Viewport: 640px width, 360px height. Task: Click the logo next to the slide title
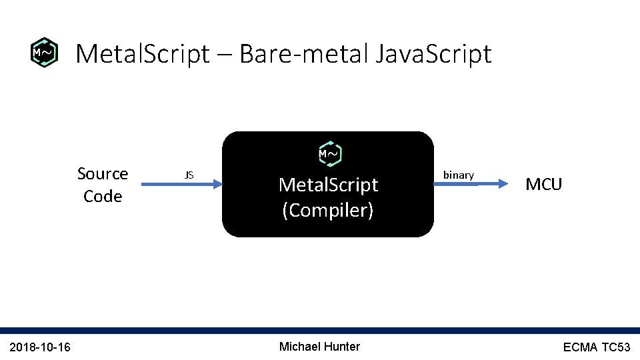point(45,53)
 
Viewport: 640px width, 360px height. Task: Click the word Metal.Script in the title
point(143,54)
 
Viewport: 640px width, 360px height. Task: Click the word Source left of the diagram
point(103,174)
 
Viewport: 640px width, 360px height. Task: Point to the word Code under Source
point(103,197)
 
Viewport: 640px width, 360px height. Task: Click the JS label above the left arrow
point(189,175)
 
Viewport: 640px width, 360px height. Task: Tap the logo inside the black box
point(328,154)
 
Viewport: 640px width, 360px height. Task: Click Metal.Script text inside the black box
point(328,185)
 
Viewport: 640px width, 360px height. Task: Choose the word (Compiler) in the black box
point(328,211)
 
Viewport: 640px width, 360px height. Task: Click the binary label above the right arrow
point(459,175)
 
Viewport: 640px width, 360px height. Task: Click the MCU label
point(544,185)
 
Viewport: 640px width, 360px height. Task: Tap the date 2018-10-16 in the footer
point(41,347)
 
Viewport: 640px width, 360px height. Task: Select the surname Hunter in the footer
point(343,347)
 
